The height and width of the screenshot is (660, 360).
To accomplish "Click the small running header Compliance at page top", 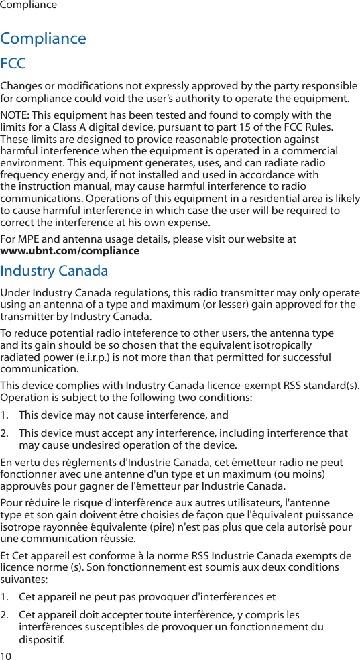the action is (x=28, y=5).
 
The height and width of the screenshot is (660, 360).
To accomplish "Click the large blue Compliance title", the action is (x=44, y=38).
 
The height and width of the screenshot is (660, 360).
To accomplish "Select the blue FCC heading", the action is (x=13, y=64).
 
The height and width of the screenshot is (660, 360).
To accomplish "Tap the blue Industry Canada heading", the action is (x=54, y=271).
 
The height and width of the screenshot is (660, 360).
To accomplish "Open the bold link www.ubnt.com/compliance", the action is (x=70, y=251).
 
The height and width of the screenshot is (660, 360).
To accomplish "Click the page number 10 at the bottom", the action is (x=6, y=655).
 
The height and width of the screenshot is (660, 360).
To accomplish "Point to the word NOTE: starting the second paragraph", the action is (x=15, y=115).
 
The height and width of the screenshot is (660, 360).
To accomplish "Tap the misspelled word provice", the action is (x=133, y=139).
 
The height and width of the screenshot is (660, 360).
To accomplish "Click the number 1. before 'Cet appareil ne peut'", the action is (x=5, y=597).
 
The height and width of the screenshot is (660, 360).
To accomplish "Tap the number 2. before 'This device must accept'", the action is (x=5, y=434).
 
